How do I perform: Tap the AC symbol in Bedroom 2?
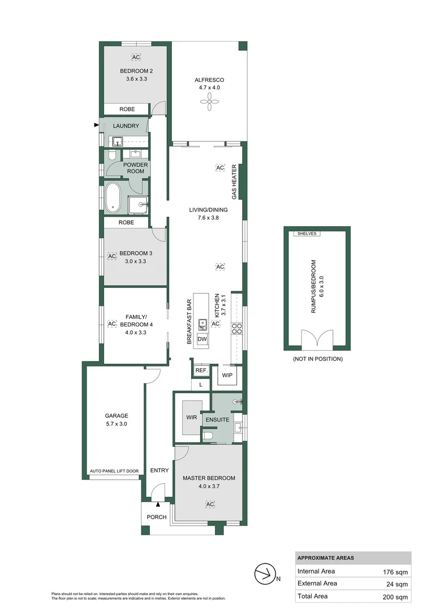click(x=136, y=58)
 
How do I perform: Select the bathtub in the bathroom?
click(x=112, y=197)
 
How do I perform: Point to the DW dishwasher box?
click(x=202, y=339)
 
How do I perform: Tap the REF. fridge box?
click(x=201, y=371)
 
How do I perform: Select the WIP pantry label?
click(x=228, y=375)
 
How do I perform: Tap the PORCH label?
click(x=157, y=517)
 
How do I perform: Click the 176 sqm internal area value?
click(x=395, y=571)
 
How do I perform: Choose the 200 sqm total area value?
click(x=395, y=596)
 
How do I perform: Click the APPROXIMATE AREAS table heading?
click(x=326, y=558)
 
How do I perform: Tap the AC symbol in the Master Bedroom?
click(x=209, y=504)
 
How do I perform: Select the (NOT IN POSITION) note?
click(x=317, y=359)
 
